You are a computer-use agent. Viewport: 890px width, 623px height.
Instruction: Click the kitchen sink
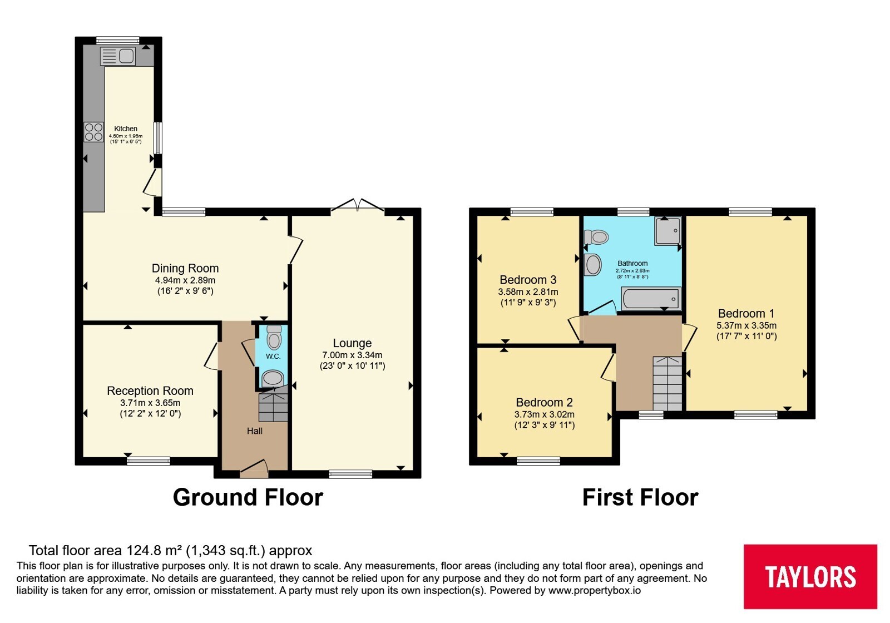(x=117, y=56)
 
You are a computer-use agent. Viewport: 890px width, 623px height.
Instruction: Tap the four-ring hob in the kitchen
(x=94, y=132)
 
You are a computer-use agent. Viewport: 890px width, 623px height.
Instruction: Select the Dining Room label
(x=185, y=268)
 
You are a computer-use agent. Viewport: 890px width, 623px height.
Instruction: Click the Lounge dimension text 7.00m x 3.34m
(x=353, y=355)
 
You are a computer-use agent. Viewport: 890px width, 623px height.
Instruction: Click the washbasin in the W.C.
(x=273, y=378)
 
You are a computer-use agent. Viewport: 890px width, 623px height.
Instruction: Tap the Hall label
(x=255, y=431)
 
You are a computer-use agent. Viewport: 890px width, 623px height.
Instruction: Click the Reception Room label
(x=150, y=390)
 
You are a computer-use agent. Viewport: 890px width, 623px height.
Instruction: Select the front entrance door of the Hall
(x=254, y=469)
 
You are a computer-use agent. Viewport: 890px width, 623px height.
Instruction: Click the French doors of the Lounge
(x=357, y=205)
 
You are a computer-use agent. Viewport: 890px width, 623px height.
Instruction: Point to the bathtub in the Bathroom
(x=651, y=298)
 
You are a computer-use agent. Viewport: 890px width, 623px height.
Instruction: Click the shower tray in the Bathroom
(x=668, y=230)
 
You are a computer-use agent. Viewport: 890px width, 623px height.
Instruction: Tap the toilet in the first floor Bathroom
(x=596, y=237)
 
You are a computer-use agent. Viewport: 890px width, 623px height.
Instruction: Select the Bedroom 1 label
(x=746, y=314)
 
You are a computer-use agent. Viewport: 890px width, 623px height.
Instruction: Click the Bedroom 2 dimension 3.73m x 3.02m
(x=545, y=414)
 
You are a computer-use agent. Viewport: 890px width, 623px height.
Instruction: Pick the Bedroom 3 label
(x=528, y=280)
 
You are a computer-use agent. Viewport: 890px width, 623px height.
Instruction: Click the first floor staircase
(x=667, y=383)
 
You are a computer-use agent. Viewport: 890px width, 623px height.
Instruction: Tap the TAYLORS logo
(x=810, y=576)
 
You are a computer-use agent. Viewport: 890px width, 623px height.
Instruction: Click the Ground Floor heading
(x=248, y=497)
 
